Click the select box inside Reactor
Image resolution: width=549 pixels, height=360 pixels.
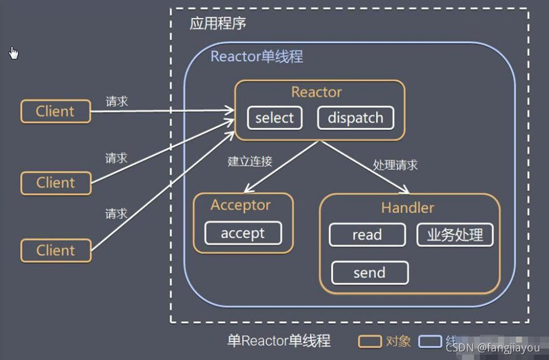click(274, 118)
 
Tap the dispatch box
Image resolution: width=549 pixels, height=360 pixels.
click(355, 118)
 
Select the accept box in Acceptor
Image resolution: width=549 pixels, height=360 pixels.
click(243, 233)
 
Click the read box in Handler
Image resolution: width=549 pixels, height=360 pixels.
click(367, 235)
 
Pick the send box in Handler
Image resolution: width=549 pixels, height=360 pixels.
click(369, 273)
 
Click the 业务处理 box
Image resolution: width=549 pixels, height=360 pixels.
click(455, 235)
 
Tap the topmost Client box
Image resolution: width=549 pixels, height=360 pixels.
click(55, 111)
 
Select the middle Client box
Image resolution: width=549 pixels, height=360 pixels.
click(55, 183)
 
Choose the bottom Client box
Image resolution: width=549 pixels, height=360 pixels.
click(55, 250)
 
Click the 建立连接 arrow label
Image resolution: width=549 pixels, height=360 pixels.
click(250, 161)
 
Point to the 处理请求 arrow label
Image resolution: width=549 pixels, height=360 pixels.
click(395, 165)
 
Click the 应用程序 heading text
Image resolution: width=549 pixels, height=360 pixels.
click(217, 24)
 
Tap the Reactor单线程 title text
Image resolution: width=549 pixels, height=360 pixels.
click(256, 57)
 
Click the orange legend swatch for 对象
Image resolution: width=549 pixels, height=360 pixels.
click(370, 341)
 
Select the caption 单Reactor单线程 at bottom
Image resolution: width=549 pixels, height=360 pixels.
click(278, 341)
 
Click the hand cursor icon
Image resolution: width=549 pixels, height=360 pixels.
click(14, 53)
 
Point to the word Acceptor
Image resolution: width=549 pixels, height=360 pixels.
click(241, 205)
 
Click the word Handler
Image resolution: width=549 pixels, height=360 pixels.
click(407, 207)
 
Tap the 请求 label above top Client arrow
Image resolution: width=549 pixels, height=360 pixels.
click(117, 101)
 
